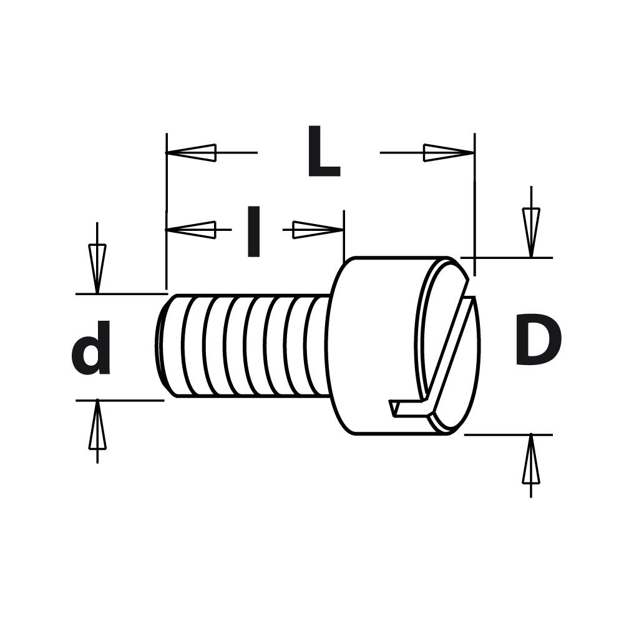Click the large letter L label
coord(323,153)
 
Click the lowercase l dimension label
coord(253,232)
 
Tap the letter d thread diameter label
coord(92,349)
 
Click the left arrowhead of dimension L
coord(191,152)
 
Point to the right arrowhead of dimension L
coord(448,152)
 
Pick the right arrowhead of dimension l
coord(317,230)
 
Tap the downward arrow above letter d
coord(97,265)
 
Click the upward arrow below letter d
coord(97,427)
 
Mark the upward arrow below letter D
coord(530,461)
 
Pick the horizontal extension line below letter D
coord(509,434)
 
